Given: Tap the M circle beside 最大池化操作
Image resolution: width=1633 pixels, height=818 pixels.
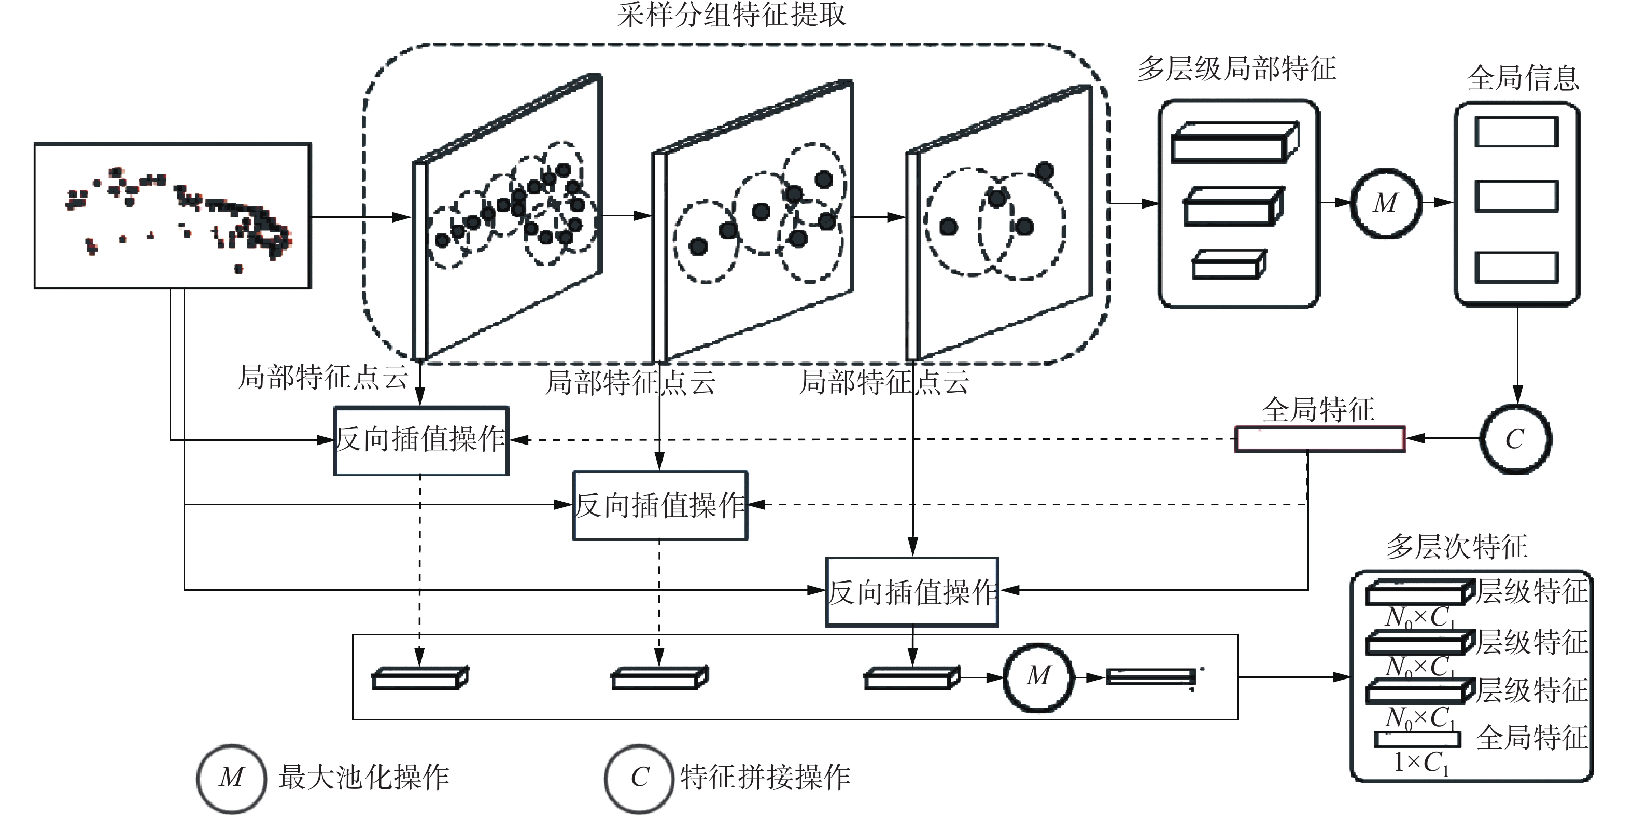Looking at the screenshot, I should coord(231,778).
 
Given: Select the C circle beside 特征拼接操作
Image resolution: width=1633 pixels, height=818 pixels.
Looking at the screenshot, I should coord(639,778).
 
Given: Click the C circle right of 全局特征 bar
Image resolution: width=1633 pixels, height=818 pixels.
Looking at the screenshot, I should coord(1515,439).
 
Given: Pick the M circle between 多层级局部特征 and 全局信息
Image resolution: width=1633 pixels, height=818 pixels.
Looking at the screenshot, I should coord(1386,203).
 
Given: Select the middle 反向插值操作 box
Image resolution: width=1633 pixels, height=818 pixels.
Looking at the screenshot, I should coord(660,505).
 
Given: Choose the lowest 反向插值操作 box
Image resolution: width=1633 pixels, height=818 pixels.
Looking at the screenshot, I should coord(911,592).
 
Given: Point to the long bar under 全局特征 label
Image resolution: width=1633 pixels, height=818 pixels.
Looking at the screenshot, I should coord(1320,439).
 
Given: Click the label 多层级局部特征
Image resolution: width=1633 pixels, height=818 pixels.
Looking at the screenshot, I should coord(1236,68).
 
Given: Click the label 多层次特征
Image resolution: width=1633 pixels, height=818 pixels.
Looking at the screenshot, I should coord(1457,547).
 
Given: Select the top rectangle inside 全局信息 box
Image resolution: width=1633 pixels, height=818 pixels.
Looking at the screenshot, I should coord(1516,132).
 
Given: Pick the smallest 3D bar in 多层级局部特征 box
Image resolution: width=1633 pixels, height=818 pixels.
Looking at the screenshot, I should coord(1229,265).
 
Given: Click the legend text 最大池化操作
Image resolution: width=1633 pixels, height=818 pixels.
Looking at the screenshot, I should coord(363,778).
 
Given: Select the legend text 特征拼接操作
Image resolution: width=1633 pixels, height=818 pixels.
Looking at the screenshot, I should coord(765,778).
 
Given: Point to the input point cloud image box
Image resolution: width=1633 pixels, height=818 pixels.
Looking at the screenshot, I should coord(173,216).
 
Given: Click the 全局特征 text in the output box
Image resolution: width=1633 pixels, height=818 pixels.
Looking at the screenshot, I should coord(1531,738).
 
